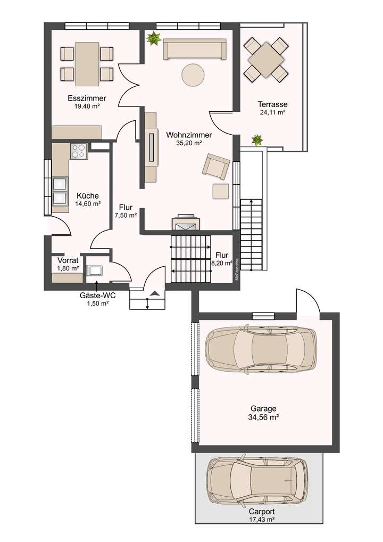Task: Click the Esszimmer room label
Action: coord(87,98)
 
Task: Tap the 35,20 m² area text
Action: coord(189,143)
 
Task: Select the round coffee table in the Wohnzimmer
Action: coord(193,75)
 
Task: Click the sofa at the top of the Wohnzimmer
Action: coord(194,49)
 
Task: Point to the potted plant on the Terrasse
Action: coord(257,141)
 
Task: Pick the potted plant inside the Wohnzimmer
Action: coord(154,38)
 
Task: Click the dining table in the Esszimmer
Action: coord(87,63)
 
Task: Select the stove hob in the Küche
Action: coord(78,151)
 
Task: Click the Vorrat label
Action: coord(68,260)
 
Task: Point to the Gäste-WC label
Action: coord(97,295)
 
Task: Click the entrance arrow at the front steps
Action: coord(155,293)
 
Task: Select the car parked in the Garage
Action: coord(260,349)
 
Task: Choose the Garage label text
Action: coord(264,409)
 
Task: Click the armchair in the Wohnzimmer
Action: coord(215,165)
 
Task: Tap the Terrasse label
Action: coord(272,104)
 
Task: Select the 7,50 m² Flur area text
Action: coord(126,216)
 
